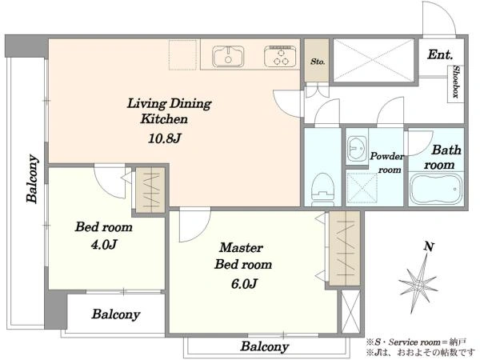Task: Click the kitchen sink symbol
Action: pos(228,56)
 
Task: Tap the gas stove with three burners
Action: pos(281,56)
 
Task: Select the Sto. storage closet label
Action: pos(318,62)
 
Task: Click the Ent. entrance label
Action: pos(440,54)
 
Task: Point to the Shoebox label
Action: pos(456,82)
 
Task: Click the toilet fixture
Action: pos(322,190)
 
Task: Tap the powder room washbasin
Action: pos(356,148)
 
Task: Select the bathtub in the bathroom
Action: pos(436,189)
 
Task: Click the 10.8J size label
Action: pos(164,138)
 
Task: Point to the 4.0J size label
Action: pos(104,245)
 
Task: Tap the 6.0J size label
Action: pos(244,284)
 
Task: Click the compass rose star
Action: pos(418,285)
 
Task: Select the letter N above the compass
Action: pos(429,246)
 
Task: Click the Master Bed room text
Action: pos(243,256)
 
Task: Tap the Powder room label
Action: pos(387,162)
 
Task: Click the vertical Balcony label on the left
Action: pos(33,178)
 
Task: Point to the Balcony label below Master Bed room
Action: pos(265,346)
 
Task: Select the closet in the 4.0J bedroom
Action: pos(150,190)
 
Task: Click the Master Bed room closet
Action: pos(345,248)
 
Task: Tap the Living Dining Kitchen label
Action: pos(169,111)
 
